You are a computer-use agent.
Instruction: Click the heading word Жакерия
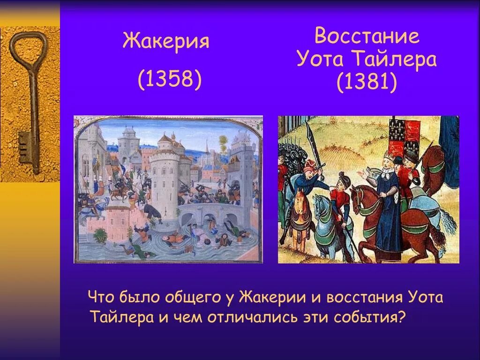166,42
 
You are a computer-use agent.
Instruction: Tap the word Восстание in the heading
367,36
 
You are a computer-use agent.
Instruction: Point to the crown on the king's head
390,155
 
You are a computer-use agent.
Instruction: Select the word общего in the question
192,297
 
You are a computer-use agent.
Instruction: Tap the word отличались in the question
251,317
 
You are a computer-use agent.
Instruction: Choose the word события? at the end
370,317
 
